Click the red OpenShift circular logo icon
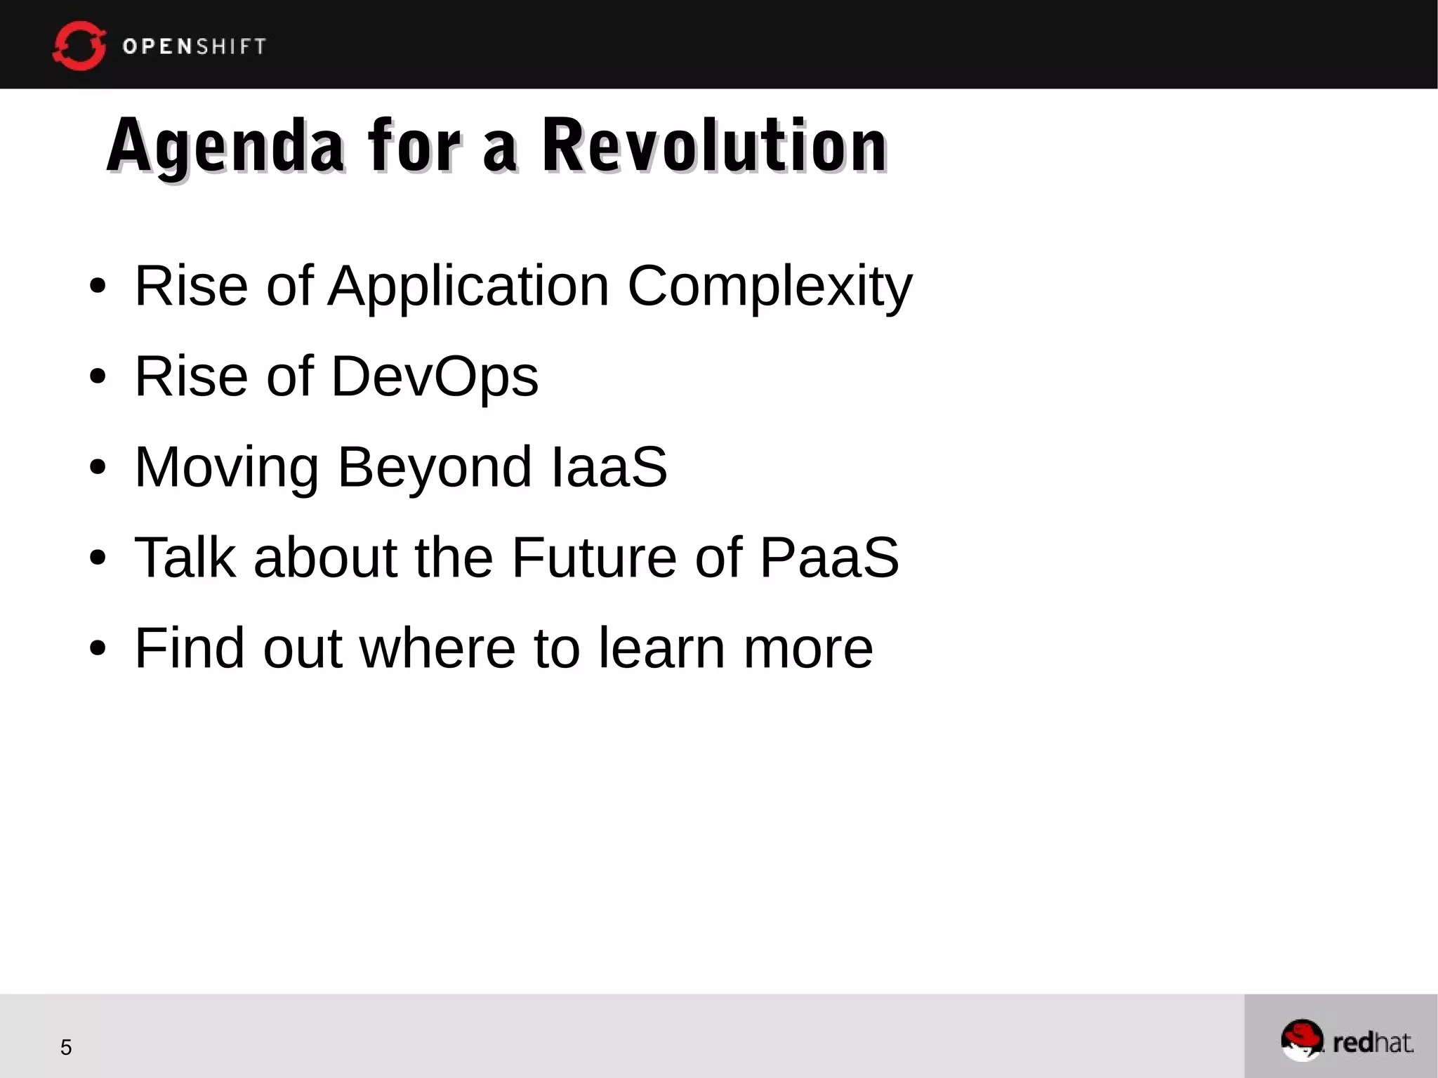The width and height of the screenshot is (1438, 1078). [x=79, y=46]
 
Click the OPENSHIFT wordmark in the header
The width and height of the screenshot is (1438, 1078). [x=194, y=46]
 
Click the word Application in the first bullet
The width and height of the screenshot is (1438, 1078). [x=468, y=286]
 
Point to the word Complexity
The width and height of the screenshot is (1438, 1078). [x=770, y=286]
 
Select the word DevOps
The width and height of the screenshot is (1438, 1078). [x=434, y=376]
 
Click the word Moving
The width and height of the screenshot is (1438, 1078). [x=226, y=467]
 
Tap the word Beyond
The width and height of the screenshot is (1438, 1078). [x=434, y=467]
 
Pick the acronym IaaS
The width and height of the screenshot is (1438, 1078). [x=609, y=467]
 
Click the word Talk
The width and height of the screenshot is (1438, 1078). [x=185, y=558]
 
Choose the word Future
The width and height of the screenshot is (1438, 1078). [x=594, y=558]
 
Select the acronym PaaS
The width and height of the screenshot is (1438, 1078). [x=829, y=558]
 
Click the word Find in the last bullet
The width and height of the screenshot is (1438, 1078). [x=189, y=648]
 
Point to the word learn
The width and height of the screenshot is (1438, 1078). [x=661, y=648]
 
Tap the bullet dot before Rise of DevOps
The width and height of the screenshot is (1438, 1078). [x=98, y=377]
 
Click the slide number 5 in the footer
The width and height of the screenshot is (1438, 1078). [x=66, y=1048]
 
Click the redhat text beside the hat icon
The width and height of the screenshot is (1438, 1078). [x=1373, y=1043]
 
